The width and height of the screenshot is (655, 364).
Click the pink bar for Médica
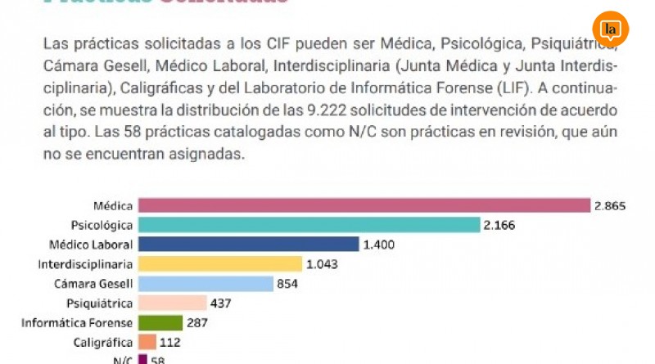point(364,205)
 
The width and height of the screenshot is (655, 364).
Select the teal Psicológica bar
point(309,225)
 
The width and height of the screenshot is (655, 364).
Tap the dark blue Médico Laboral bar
point(249,244)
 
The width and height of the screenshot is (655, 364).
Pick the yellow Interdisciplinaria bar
point(219,263)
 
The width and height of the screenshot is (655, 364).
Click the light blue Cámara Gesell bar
point(205,284)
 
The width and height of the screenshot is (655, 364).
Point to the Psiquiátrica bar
point(171,303)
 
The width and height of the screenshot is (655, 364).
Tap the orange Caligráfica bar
point(147,342)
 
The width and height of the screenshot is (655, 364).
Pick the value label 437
point(221,303)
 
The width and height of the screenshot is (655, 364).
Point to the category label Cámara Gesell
point(97,284)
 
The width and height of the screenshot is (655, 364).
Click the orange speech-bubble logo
point(610,30)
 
